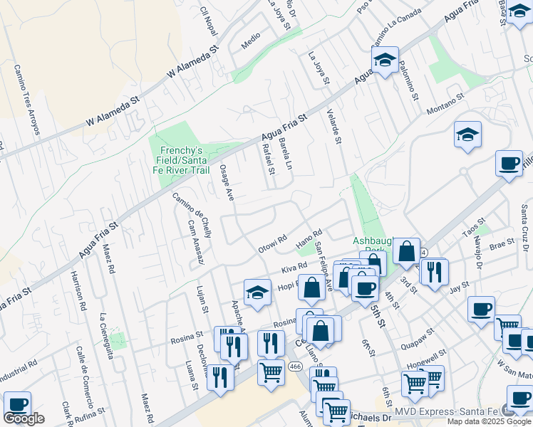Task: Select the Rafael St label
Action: pyautogui.click(x=269, y=159)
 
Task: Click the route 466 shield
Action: pyautogui.click(x=295, y=366)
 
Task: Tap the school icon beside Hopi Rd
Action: pyautogui.click(x=257, y=291)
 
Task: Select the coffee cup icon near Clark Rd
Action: pyautogui.click(x=17, y=404)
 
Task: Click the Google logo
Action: pyautogui.click(x=24, y=418)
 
